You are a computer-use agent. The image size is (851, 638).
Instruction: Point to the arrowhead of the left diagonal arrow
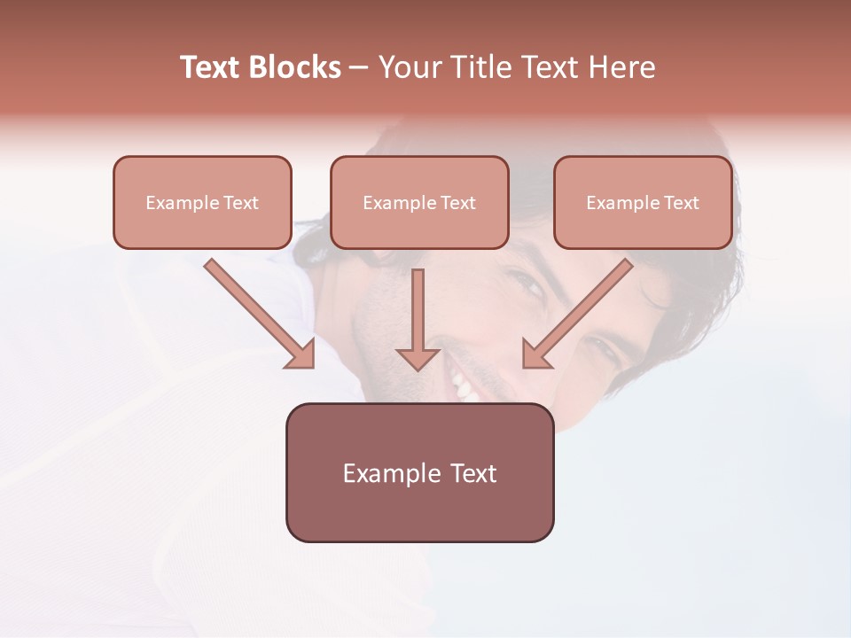click(301, 354)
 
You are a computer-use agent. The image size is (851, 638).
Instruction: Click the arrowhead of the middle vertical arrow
click(418, 358)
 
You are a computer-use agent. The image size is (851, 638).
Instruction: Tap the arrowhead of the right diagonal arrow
click(535, 354)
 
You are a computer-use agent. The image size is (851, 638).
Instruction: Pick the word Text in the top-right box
click(681, 203)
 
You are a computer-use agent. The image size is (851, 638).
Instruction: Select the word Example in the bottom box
click(392, 473)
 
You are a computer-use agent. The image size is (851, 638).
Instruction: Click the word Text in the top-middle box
click(457, 203)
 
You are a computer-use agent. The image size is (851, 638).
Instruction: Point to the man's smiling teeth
click(463, 384)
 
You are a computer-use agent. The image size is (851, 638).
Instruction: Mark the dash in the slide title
click(359, 67)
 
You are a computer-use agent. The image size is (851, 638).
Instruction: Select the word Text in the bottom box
click(473, 473)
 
